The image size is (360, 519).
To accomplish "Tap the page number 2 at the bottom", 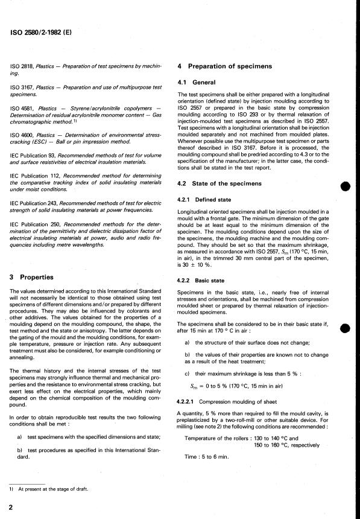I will [x=11, y=509].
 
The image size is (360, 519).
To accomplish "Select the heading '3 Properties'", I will [x=36, y=277].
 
